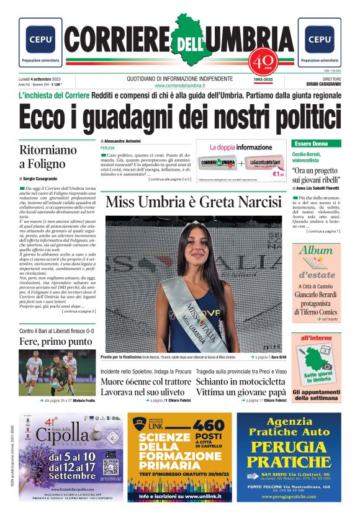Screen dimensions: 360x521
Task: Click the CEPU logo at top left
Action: (x=40, y=38)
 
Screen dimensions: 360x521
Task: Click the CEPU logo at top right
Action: (x=319, y=38)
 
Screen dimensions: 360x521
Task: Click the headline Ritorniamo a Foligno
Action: (x=48, y=157)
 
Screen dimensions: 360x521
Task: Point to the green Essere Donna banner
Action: (x=317, y=143)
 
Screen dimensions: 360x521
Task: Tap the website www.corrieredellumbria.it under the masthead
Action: (x=179, y=85)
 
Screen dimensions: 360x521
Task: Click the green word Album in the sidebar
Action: (x=316, y=251)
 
